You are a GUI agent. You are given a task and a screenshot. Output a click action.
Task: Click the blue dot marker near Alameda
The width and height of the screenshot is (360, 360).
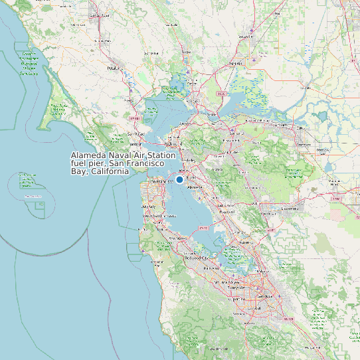(x=179, y=179)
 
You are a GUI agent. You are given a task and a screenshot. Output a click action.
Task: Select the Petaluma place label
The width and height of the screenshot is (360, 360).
(x=115, y=67)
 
